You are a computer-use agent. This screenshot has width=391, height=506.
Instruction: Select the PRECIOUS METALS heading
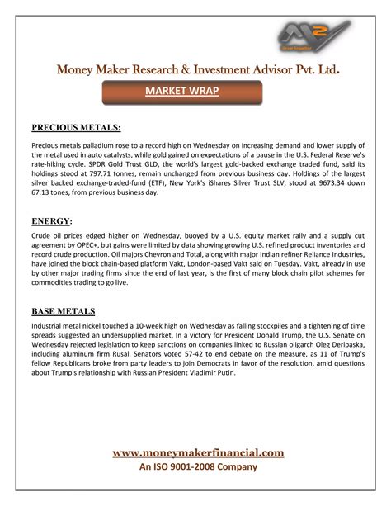76,127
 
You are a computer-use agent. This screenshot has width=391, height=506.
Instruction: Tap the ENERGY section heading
50,222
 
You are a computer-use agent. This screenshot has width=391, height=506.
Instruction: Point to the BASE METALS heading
63,311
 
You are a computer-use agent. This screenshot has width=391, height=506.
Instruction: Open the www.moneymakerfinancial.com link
198,452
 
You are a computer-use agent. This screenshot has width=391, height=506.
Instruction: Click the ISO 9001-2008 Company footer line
198,466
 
